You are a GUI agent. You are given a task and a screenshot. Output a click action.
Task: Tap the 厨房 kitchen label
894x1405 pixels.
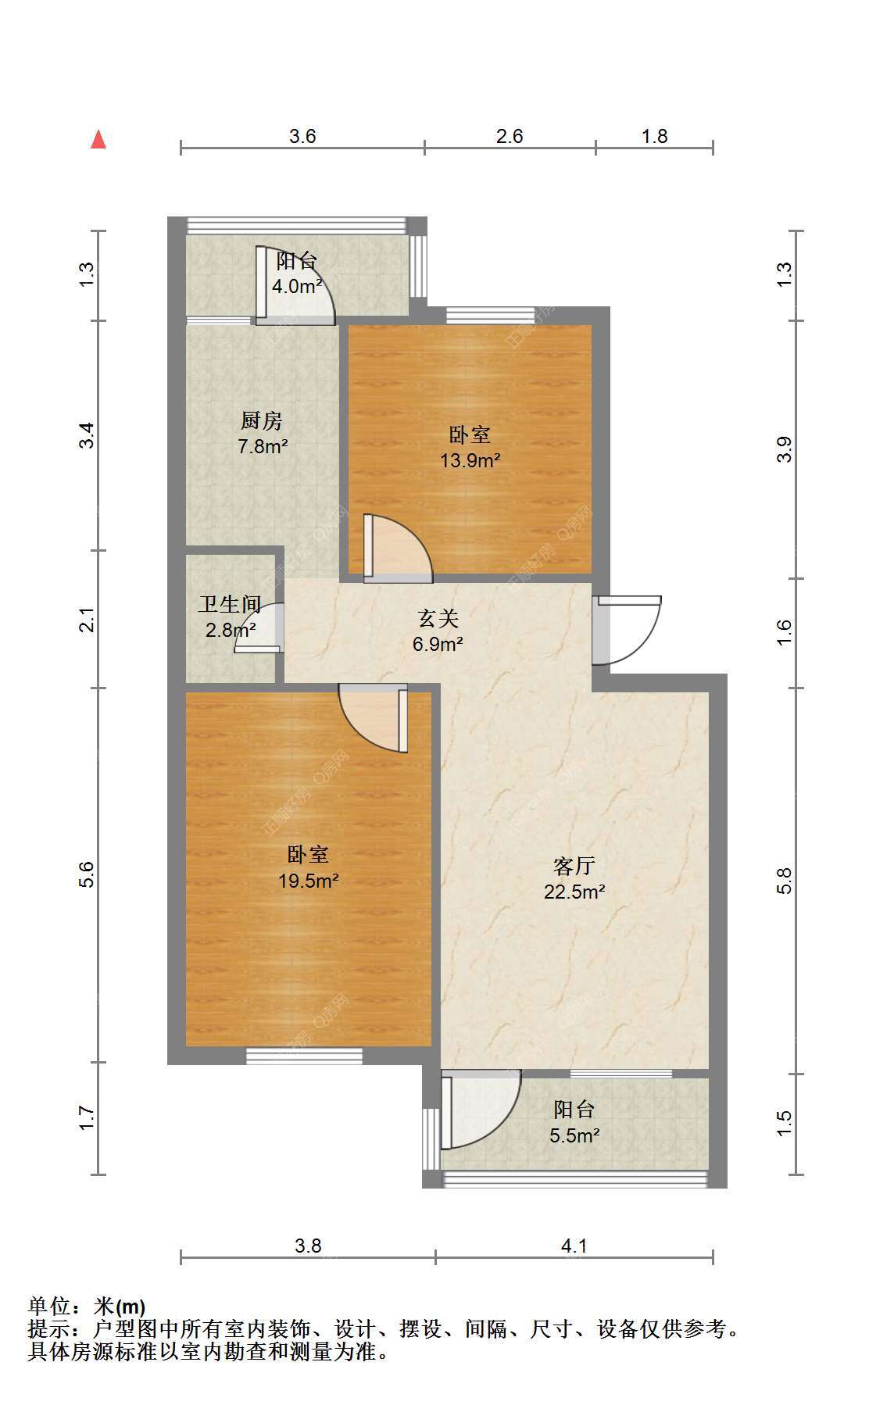pos(261,421)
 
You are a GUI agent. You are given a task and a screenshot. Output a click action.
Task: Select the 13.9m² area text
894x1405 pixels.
pos(470,460)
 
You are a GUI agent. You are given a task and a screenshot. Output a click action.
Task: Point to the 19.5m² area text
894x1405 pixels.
pos(308,881)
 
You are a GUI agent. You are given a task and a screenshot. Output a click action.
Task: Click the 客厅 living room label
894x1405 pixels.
pos(574,866)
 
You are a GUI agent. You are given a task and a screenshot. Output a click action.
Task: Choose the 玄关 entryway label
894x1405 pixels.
pos(438,619)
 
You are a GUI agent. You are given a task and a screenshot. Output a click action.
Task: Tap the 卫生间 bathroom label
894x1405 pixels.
pos(229,604)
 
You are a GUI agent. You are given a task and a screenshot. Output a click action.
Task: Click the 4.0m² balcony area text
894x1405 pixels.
pos(297,286)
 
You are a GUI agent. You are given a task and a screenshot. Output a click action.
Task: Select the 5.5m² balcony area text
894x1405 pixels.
pos(574,1135)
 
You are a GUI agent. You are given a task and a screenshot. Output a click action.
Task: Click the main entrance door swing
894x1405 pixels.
pos(627,630)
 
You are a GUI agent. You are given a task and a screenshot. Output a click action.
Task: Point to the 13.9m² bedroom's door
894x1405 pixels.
pos(398,549)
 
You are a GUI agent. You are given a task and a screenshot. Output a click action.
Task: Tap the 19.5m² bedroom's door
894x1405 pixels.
pos(374,718)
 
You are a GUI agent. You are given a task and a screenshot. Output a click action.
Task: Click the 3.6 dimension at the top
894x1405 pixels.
pos(302,137)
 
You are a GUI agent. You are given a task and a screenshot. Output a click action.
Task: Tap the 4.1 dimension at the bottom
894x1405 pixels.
pos(574,1246)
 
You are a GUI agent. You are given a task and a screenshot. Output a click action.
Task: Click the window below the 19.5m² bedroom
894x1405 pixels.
pos(305,1056)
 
